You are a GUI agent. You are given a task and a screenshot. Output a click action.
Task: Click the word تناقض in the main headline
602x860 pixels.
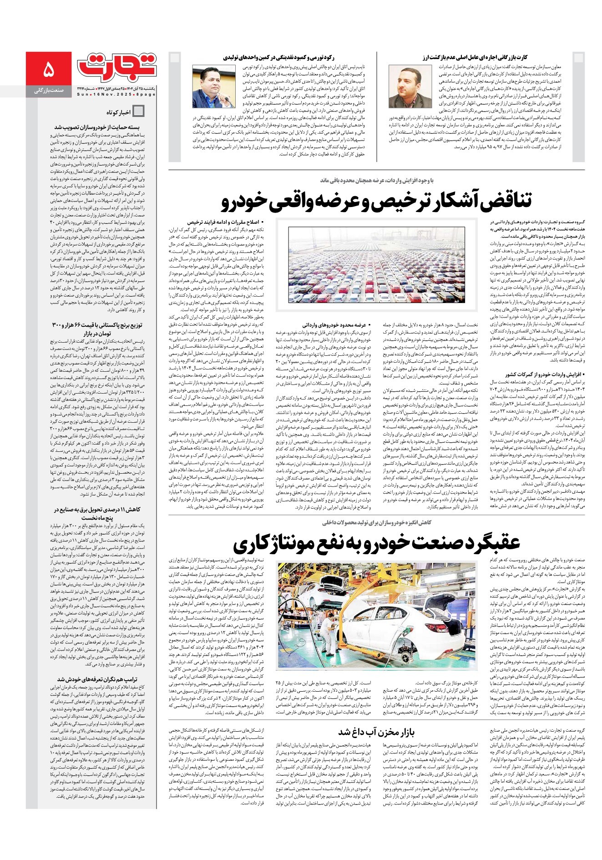(499, 201)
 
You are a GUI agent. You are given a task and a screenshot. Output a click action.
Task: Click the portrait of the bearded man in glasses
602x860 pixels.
(406, 86)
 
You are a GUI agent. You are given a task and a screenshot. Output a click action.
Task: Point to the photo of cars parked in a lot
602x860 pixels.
(376, 265)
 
